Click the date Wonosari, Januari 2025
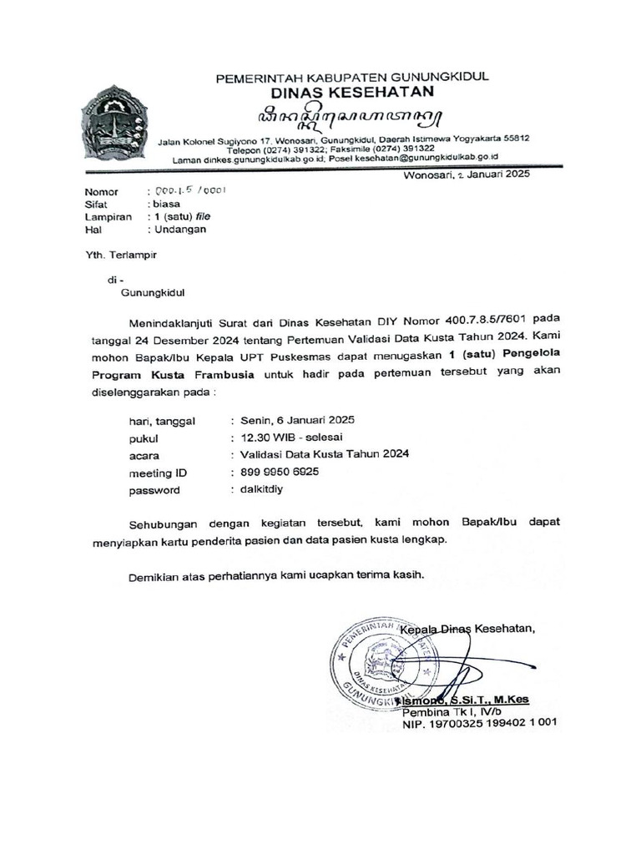tap(466, 175)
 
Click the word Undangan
tap(178, 229)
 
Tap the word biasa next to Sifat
tap(165, 203)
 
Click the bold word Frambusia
tap(218, 375)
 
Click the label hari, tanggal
tap(161, 421)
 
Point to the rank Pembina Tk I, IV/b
tap(452, 713)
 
